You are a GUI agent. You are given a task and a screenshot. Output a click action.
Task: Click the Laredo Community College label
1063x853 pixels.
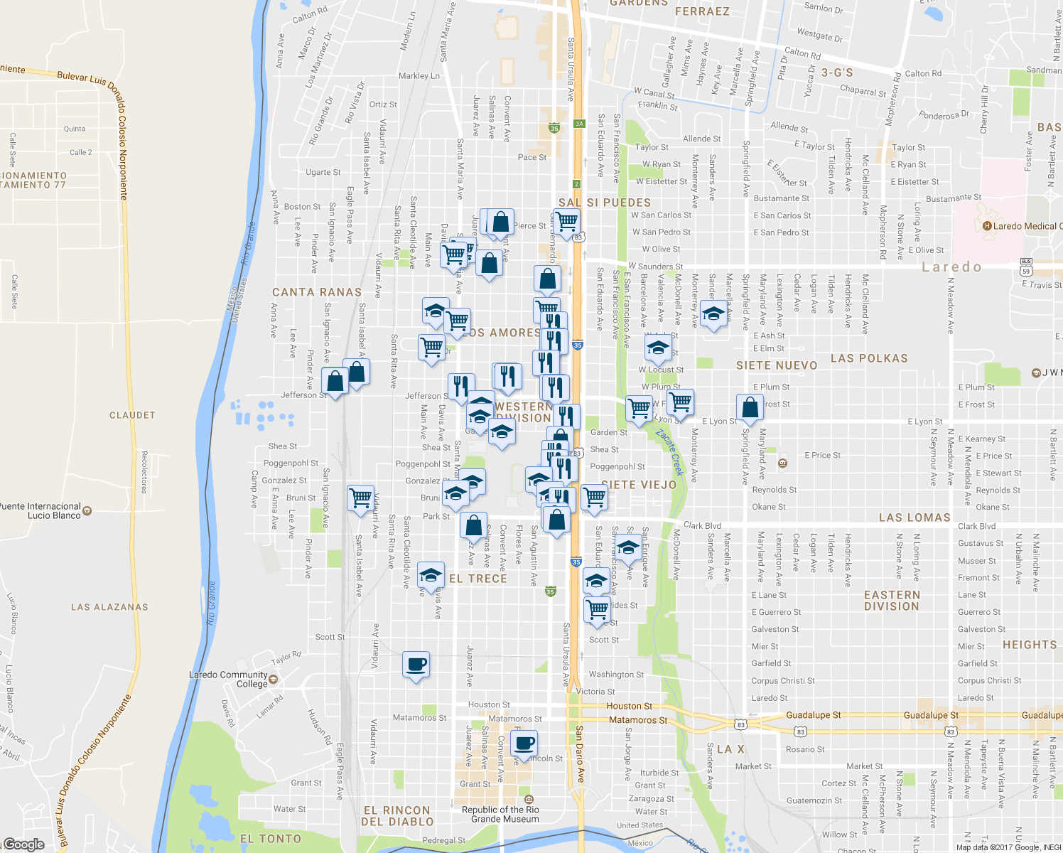(228, 680)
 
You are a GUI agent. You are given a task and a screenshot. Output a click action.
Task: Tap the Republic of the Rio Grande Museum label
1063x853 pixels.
(500, 815)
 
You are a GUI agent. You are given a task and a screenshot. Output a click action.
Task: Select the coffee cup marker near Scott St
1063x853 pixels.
(416, 665)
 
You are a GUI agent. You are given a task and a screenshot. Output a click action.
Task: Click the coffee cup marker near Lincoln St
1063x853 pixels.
(524, 744)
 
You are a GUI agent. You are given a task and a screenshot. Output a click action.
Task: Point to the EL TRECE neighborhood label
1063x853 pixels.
(478, 579)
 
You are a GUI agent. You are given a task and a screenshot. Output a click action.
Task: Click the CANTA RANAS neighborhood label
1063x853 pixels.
(317, 292)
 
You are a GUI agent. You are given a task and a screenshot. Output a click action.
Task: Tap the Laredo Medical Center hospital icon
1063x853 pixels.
(987, 226)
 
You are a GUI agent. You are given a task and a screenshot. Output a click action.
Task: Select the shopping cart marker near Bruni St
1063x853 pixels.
(360, 497)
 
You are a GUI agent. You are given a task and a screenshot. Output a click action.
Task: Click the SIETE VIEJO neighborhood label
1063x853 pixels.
(639, 485)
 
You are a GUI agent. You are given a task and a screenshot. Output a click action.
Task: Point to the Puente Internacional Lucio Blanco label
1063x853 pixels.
(41, 511)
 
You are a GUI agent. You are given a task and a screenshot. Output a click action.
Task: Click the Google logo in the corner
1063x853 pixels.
(23, 844)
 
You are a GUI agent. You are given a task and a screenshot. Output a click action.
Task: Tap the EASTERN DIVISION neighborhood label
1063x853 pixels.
(892, 601)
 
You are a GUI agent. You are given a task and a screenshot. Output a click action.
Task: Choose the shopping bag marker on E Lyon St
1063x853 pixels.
(750, 408)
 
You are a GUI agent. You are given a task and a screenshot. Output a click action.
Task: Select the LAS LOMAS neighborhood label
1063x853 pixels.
(914, 517)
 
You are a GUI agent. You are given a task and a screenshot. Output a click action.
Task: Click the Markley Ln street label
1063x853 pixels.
(419, 76)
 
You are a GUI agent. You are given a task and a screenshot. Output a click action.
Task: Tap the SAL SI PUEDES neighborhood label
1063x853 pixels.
(604, 203)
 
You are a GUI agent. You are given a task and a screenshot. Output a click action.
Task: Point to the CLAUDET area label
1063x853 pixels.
(132, 415)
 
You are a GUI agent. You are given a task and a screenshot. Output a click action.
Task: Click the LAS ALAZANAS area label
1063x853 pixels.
(109, 607)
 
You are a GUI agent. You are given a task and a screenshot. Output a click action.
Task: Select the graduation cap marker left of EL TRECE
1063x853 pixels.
(430, 575)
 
